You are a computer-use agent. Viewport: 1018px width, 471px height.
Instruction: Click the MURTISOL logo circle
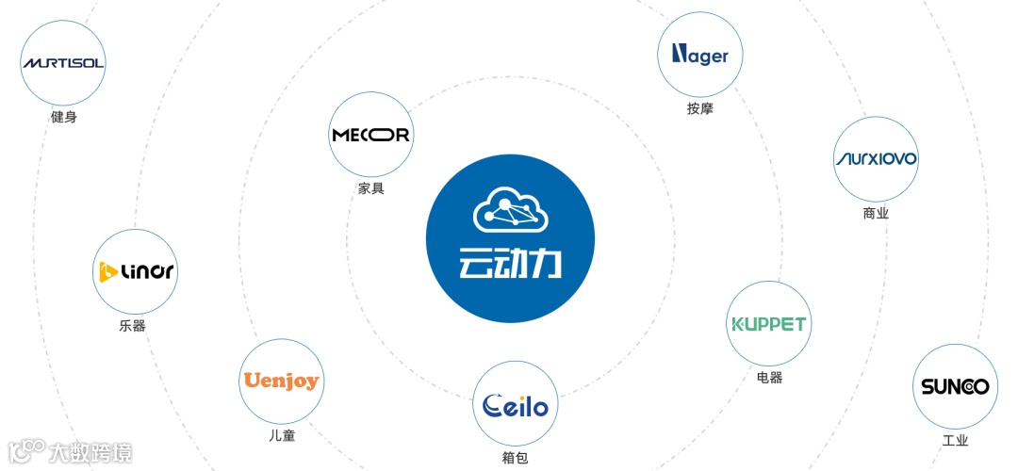tap(63, 63)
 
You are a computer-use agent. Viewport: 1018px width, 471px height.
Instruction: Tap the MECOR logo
tap(370, 135)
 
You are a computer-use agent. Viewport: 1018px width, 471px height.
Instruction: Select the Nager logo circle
tap(699, 55)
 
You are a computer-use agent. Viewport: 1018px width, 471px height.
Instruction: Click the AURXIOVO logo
tap(876, 158)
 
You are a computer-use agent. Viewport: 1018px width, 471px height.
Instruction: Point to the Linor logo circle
tap(136, 271)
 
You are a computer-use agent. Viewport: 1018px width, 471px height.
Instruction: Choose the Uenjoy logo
tap(281, 381)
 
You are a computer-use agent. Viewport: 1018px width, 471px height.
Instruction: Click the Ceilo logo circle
tap(515, 405)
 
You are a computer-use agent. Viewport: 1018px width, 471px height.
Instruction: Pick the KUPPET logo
tap(769, 323)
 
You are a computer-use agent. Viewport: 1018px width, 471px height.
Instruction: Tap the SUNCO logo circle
tap(955, 385)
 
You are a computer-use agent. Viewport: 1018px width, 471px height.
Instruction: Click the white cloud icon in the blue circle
tap(510, 210)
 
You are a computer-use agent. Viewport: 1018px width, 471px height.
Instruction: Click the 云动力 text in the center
tap(510, 264)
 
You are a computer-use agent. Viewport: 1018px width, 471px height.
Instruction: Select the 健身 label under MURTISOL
tap(63, 118)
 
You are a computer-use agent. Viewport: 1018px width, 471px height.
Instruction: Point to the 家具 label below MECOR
tap(370, 188)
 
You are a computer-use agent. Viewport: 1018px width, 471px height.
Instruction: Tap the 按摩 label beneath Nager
tap(699, 108)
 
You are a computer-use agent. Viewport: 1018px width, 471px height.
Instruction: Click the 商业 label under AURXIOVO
tap(876, 213)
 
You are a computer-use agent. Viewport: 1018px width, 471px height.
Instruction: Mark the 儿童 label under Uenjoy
tap(281, 436)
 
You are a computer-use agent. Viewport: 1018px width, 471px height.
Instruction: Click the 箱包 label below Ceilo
tap(515, 460)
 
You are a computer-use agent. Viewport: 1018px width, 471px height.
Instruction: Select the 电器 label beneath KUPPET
tap(769, 378)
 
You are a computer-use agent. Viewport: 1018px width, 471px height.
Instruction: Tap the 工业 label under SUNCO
tap(955, 441)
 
